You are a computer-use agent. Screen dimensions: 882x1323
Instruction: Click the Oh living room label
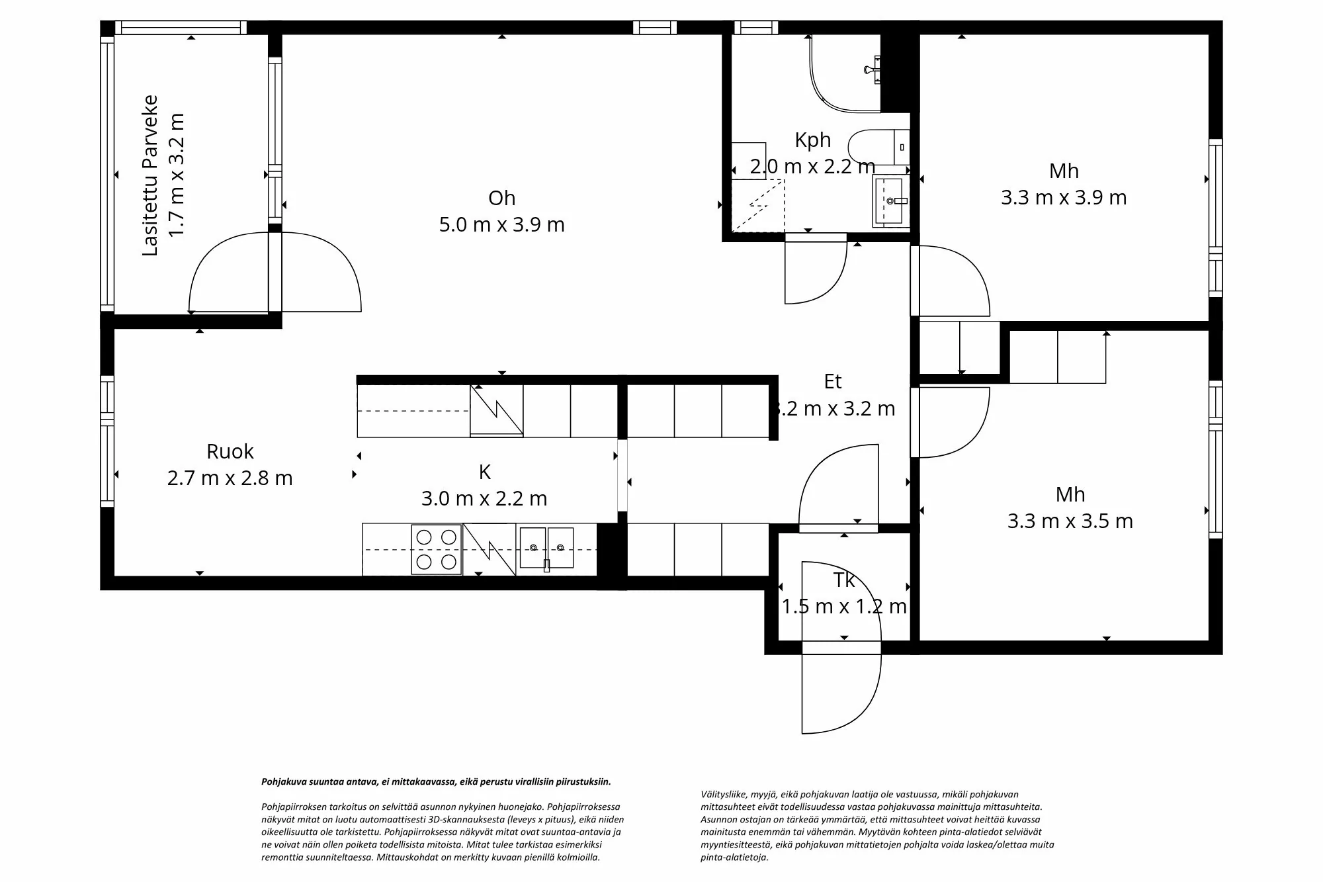click(501, 198)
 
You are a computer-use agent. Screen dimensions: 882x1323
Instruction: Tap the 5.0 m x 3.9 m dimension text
click(501, 225)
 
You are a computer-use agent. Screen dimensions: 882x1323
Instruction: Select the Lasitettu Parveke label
click(151, 175)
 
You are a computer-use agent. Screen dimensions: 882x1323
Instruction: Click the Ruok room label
click(230, 451)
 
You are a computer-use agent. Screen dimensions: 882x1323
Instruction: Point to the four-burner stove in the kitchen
click(437, 550)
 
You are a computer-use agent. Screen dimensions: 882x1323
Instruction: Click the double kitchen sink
click(546, 548)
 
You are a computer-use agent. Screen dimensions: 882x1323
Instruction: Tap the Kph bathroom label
click(812, 140)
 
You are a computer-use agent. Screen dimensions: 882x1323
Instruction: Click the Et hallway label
click(833, 382)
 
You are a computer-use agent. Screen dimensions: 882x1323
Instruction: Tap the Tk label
click(844, 580)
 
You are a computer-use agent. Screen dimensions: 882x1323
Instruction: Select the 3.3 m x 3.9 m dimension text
click(1063, 198)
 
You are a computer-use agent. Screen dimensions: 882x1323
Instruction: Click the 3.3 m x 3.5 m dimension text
click(1070, 521)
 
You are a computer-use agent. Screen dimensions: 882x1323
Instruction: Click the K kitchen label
click(484, 472)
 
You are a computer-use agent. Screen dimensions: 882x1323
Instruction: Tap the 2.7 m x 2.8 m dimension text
click(230, 478)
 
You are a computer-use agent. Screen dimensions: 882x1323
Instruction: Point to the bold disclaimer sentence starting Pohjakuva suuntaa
click(436, 781)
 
